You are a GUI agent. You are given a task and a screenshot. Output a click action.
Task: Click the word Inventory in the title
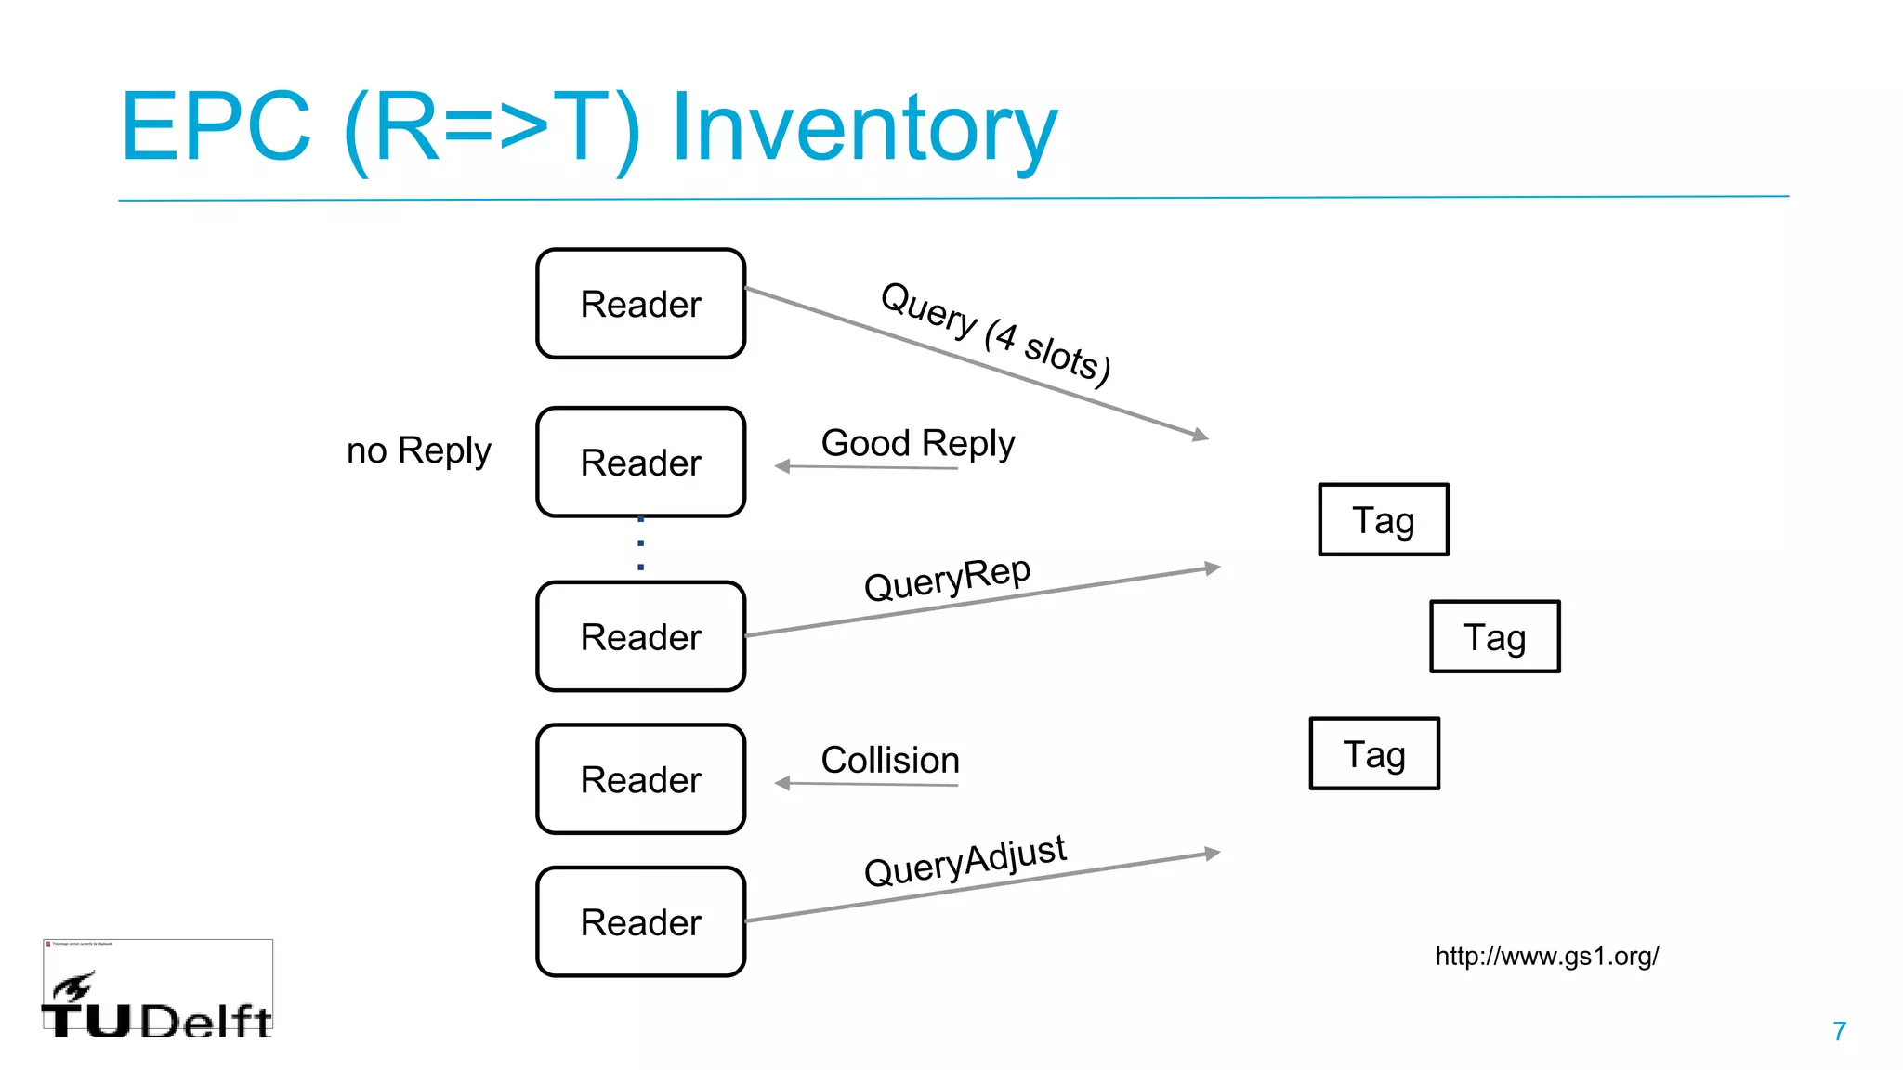tap(864, 128)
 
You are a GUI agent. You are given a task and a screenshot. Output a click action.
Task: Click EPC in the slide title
tap(216, 128)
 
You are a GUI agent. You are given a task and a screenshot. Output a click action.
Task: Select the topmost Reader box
tap(640, 304)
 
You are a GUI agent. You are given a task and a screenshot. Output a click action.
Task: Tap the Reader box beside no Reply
tap(640, 462)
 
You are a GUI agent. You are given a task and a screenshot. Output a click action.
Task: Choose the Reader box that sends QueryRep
tap(640, 636)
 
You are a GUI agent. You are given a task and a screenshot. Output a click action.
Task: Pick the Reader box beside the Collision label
tap(640, 779)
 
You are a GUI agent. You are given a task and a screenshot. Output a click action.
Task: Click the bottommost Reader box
tap(640, 921)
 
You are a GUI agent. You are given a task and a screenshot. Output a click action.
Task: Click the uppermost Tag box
tap(1383, 519)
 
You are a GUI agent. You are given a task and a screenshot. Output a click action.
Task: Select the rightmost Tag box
tap(1494, 636)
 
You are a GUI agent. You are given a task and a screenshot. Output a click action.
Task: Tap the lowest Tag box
tap(1373, 753)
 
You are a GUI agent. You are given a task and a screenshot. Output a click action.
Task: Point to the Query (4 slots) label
tap(995, 333)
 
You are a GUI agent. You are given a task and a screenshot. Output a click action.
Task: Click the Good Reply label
tap(917, 443)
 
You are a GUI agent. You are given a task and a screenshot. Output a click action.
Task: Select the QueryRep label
tap(947, 579)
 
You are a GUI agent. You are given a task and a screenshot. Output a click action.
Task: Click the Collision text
tap(889, 760)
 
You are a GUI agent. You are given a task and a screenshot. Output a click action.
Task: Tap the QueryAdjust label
tap(965, 860)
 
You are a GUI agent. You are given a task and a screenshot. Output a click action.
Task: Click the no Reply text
tap(418, 450)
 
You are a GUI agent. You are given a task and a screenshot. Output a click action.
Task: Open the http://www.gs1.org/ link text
tap(1546, 956)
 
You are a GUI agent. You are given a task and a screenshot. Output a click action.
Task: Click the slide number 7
tap(1839, 1031)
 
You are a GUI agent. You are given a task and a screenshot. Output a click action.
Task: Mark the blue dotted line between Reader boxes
tap(640, 543)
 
